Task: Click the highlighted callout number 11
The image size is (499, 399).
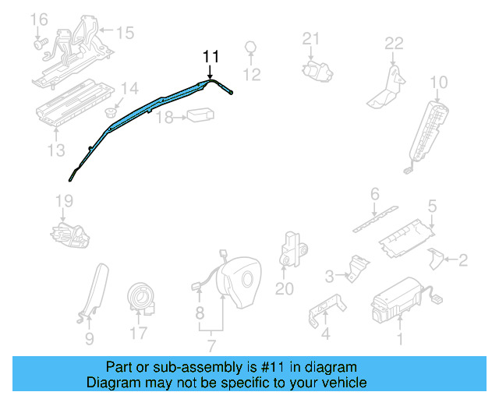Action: click(x=211, y=57)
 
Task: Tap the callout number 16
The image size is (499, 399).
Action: click(x=38, y=19)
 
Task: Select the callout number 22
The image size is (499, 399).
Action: click(x=394, y=43)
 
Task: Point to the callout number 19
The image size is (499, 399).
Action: click(x=63, y=202)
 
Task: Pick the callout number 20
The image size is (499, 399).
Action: click(x=284, y=289)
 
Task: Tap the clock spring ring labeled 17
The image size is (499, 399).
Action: click(x=143, y=298)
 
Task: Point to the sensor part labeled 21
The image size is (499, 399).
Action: click(x=315, y=69)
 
